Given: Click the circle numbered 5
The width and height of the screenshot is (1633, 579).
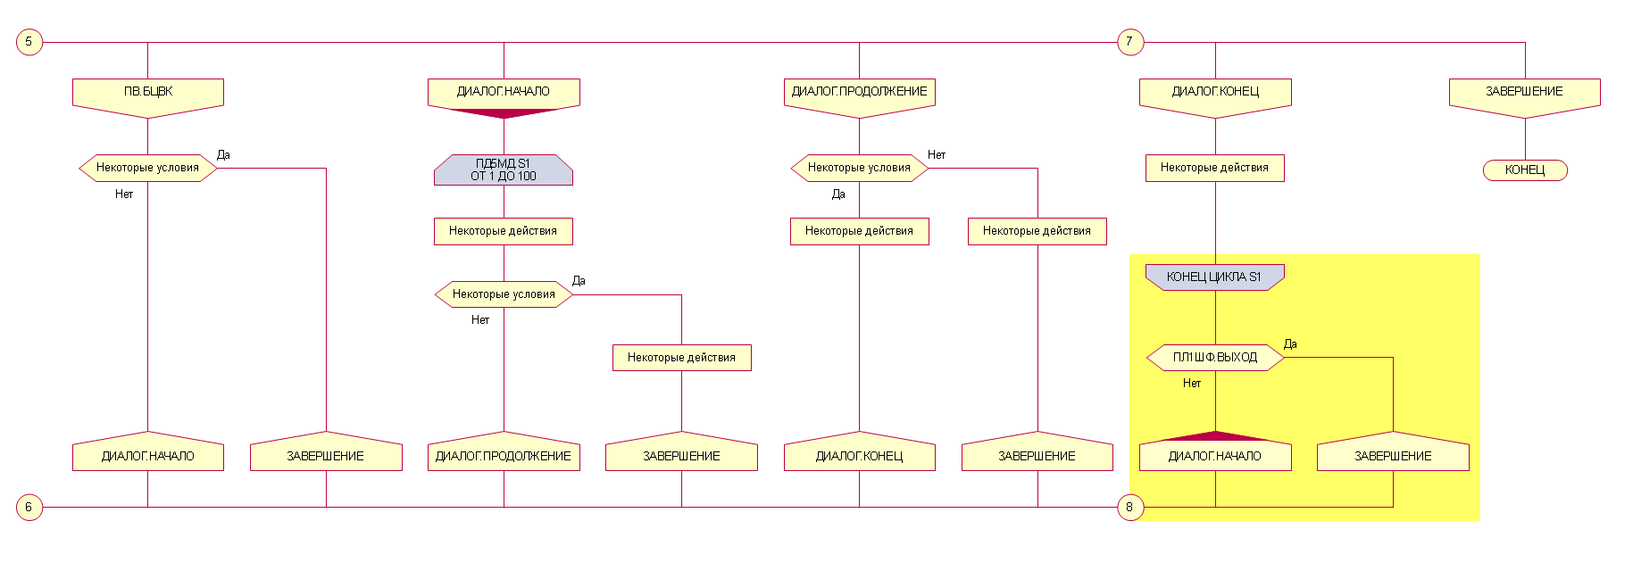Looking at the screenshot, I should [x=29, y=42].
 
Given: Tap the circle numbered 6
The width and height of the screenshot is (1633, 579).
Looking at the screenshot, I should [x=29, y=508].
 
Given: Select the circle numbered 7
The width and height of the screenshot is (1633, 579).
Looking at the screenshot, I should [x=1130, y=42].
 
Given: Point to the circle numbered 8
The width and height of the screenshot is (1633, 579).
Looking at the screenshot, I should [x=1130, y=508].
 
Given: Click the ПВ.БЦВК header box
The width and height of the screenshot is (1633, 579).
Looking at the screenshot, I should [x=148, y=93].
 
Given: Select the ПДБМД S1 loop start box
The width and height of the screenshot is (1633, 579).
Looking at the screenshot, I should [x=504, y=170].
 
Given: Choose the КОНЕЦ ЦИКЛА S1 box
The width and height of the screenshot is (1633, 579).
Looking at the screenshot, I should [x=1214, y=277].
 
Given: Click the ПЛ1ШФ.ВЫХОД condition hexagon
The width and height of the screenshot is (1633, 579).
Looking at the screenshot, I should [x=1214, y=358].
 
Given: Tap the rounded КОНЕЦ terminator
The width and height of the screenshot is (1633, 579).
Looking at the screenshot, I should [x=1525, y=170].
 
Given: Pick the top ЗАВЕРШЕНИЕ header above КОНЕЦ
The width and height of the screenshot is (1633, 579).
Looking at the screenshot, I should [x=1524, y=93].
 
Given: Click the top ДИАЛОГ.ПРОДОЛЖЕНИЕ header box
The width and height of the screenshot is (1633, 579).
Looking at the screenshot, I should [x=859, y=93].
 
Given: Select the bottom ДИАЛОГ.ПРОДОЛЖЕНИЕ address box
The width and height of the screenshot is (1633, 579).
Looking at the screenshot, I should [x=504, y=455].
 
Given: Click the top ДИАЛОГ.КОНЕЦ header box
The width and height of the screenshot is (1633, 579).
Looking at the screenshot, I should [x=1215, y=93].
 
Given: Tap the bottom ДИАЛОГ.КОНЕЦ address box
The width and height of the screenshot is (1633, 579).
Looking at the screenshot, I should [x=859, y=455].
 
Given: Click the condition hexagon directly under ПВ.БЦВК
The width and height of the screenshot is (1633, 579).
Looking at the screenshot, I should [x=148, y=168].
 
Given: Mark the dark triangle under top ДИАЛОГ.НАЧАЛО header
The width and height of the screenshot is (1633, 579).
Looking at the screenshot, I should [x=504, y=113].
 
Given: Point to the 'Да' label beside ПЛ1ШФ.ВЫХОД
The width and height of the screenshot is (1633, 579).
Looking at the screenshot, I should [x=1290, y=343].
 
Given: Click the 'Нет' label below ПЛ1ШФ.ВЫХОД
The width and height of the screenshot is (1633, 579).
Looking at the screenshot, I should [x=1192, y=383].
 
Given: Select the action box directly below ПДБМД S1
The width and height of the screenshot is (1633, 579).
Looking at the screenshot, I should [x=504, y=231].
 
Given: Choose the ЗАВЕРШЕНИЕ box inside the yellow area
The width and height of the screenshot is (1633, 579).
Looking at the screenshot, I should [x=1393, y=455].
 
